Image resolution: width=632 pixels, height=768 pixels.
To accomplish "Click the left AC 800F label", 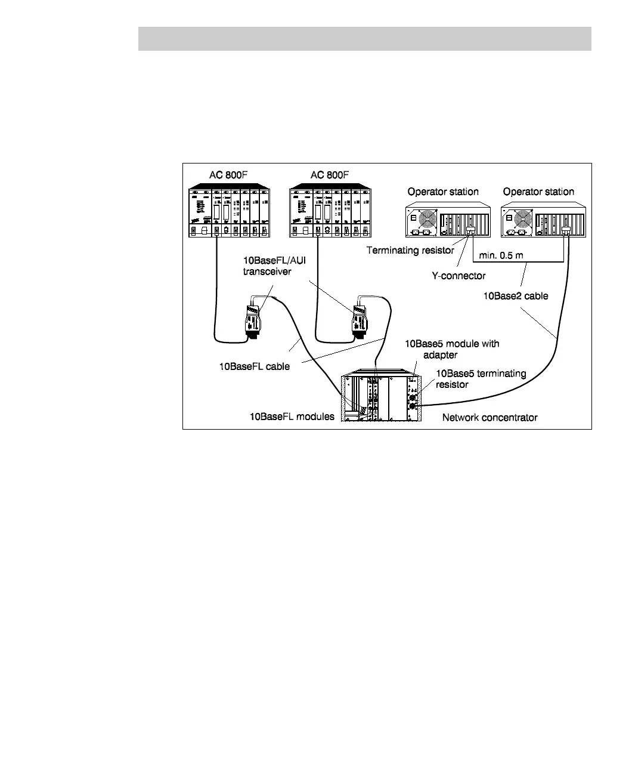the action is pyautogui.click(x=228, y=175).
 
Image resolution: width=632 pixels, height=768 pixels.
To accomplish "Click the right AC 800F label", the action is pyautogui.click(x=330, y=175).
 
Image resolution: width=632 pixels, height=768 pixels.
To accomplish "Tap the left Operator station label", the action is pyautogui.click(x=443, y=192).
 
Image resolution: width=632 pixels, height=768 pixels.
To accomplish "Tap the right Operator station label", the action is pyautogui.click(x=538, y=192).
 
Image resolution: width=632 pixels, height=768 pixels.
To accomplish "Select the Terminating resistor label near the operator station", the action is pyautogui.click(x=411, y=250).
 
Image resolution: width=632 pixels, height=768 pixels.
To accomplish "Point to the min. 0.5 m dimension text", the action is pyautogui.click(x=501, y=255).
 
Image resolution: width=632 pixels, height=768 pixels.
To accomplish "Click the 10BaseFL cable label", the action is pyautogui.click(x=255, y=366).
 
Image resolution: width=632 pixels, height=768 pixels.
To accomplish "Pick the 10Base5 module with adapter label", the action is pyautogui.click(x=452, y=349).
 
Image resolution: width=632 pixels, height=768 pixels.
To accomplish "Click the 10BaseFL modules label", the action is pyautogui.click(x=292, y=417).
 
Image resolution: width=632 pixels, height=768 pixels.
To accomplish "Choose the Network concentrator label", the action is pyautogui.click(x=490, y=417).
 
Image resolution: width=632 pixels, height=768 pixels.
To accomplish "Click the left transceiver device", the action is pyautogui.click(x=254, y=319).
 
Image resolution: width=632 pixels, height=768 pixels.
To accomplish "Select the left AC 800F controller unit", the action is pyautogui.click(x=228, y=213).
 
